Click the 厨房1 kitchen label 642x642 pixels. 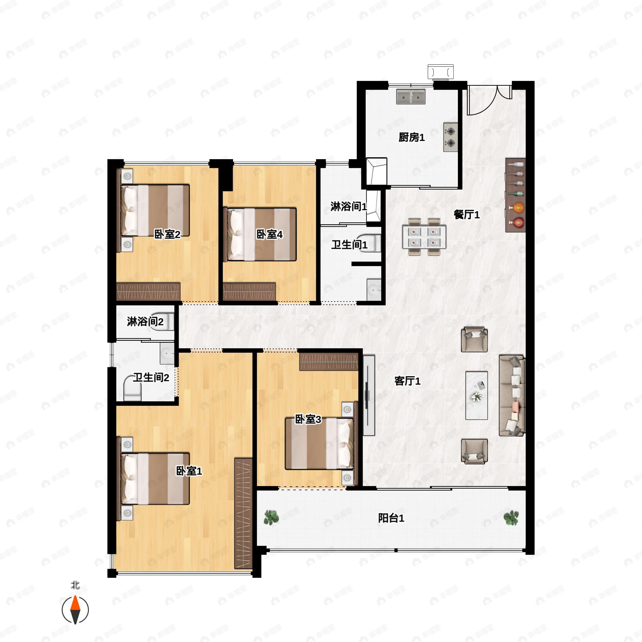(x=411, y=137)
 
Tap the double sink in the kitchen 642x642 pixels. (x=411, y=97)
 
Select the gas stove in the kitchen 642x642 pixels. (x=450, y=137)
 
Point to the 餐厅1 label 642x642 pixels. (x=467, y=215)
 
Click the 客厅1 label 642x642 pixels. (x=407, y=381)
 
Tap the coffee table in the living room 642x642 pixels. (x=476, y=395)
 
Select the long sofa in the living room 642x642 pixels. (x=512, y=395)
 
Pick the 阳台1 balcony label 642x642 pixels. (x=391, y=518)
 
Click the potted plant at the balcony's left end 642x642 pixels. (x=272, y=517)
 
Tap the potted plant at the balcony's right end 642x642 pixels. (x=511, y=517)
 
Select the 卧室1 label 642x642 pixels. (x=189, y=471)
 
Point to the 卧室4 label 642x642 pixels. (x=269, y=235)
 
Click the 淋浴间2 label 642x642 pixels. (x=145, y=322)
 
